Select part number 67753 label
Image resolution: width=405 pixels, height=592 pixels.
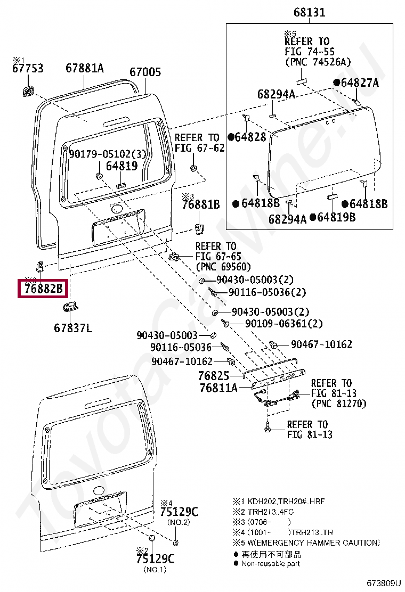[28, 69]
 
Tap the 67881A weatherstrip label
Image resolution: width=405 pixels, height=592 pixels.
[85, 69]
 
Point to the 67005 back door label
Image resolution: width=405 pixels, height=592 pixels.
[145, 72]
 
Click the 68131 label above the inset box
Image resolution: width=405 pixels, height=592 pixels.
[309, 13]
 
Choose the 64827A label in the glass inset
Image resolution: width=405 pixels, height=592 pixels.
[360, 83]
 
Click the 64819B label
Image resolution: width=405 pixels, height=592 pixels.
[336, 217]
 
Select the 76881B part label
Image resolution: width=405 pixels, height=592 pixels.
[200, 204]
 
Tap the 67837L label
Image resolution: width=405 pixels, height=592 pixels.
[72, 328]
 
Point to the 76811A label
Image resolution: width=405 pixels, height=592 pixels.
[218, 388]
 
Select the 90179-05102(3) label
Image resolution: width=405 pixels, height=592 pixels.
[107, 154]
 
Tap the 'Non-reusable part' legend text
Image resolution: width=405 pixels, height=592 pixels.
[270, 563]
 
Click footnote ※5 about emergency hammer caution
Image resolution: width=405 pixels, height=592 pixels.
[306, 543]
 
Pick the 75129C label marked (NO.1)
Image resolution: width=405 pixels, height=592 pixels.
[155, 559]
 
